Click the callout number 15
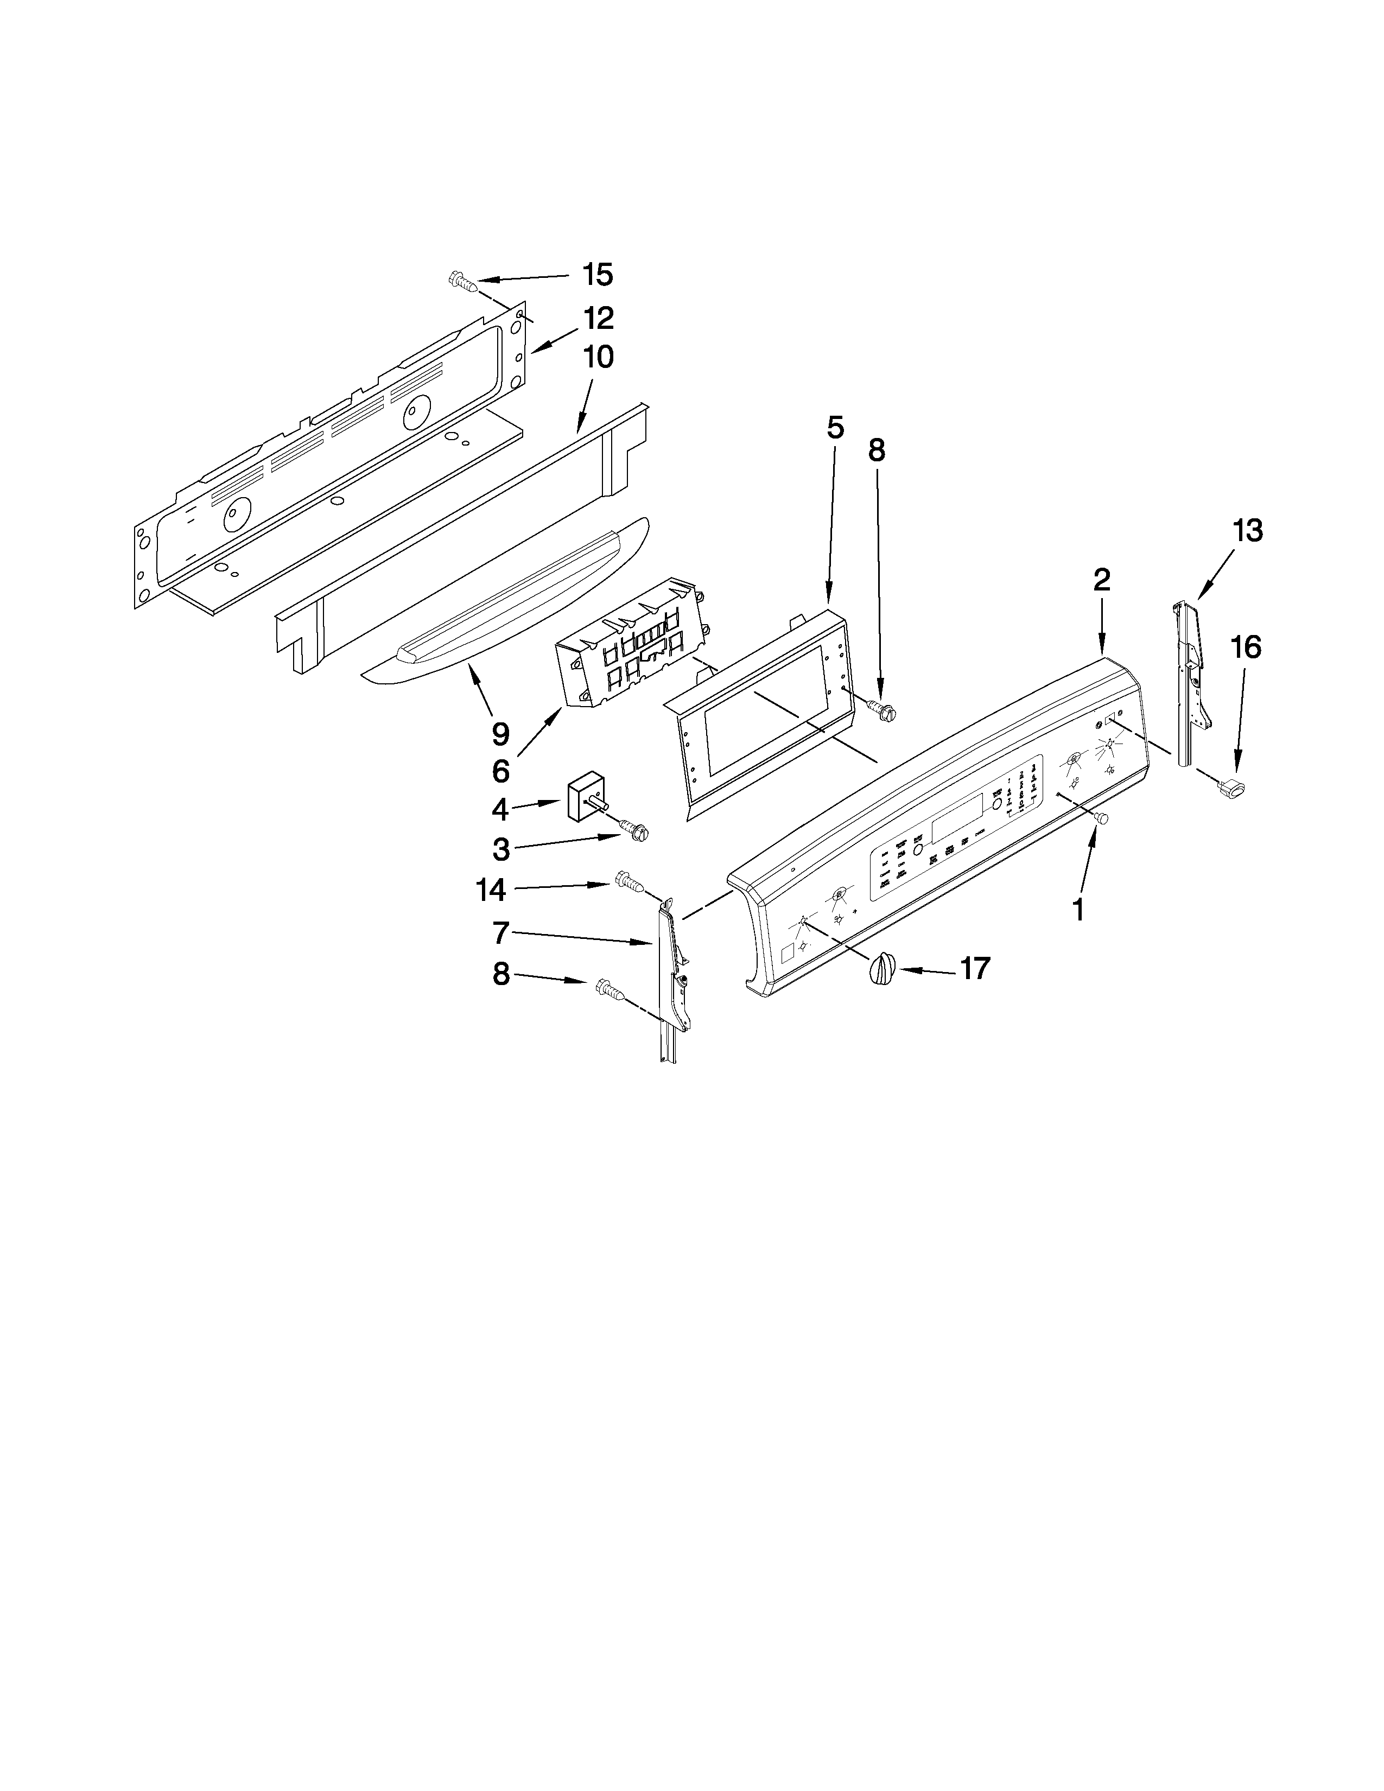tap(598, 275)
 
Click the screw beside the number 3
tap(636, 830)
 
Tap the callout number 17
tap(975, 968)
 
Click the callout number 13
tap(1247, 531)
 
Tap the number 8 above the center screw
tap(877, 450)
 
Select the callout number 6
tap(500, 771)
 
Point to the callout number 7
tap(501, 932)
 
